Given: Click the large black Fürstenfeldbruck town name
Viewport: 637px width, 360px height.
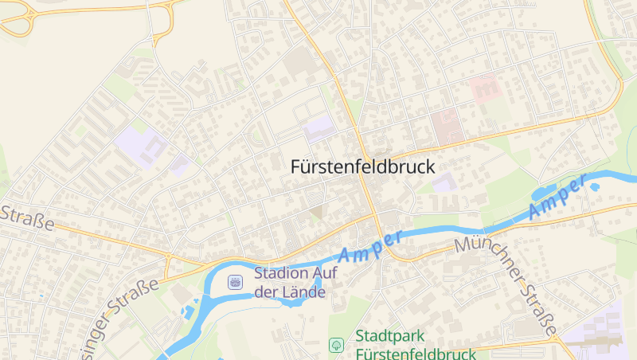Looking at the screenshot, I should pos(363,167).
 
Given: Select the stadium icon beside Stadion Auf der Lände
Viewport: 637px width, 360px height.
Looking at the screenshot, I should pos(235,281).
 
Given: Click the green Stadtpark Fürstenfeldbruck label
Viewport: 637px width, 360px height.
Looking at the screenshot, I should pos(416,345).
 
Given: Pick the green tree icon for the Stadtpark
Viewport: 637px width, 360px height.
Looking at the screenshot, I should pos(336,345).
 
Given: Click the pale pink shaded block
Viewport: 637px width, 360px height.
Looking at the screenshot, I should pos(484,88).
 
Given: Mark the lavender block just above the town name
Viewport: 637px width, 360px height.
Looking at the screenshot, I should pos(318,127).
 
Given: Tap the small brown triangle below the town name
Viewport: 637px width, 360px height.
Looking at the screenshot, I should pos(317,212).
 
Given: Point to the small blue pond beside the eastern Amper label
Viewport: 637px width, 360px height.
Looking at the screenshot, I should pos(594,187).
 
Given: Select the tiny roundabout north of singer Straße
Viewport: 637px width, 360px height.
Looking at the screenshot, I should pos(169,257).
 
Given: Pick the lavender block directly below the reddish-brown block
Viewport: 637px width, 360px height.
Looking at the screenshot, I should pos(444,182).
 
